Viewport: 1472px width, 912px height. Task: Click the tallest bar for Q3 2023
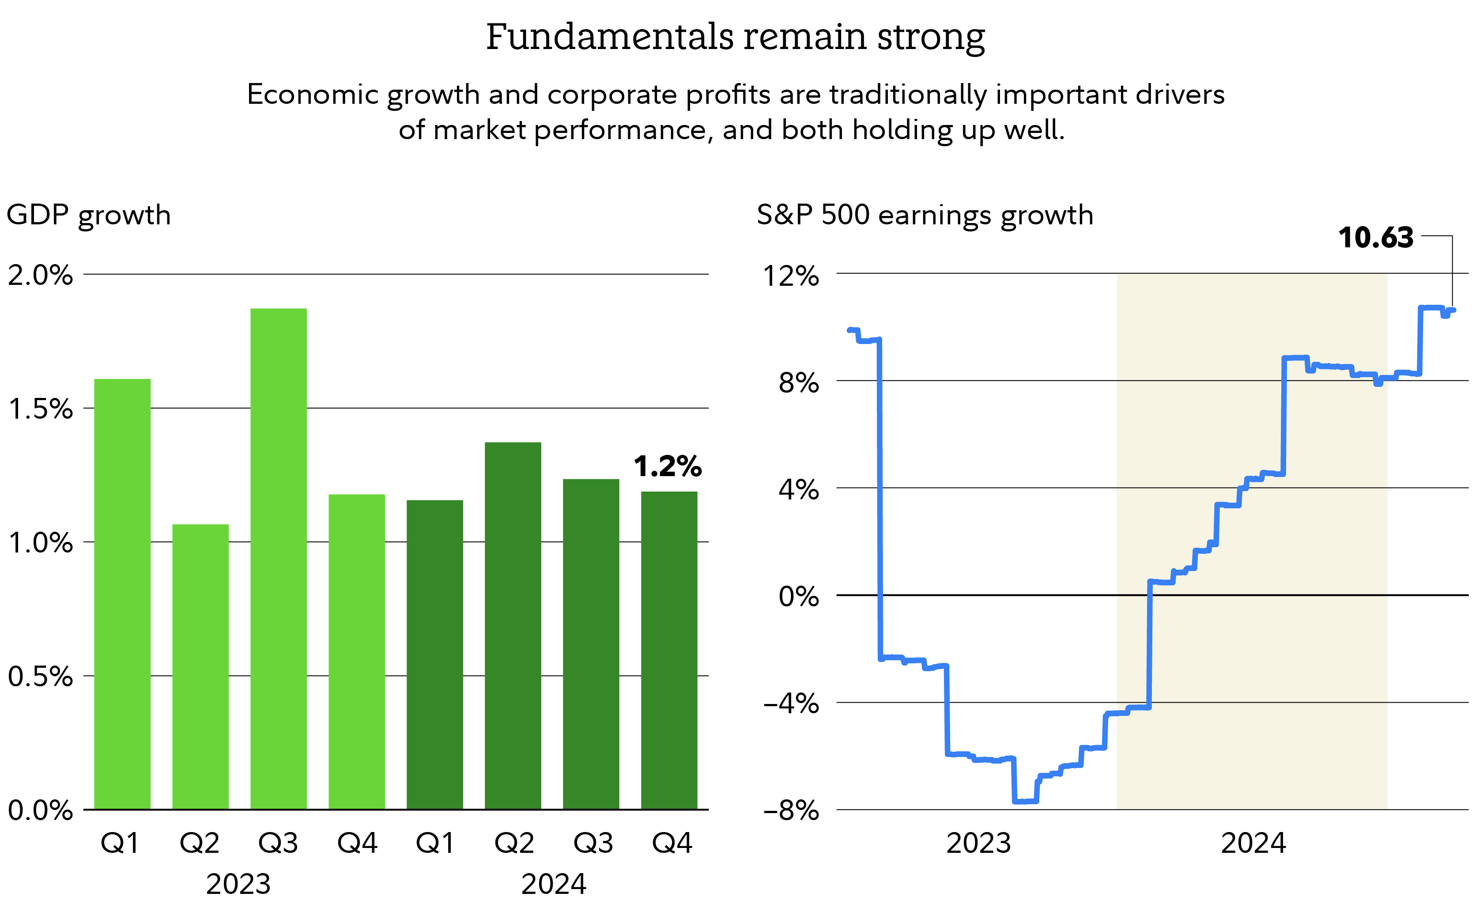tap(278, 558)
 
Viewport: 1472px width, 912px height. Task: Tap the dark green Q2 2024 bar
tap(513, 625)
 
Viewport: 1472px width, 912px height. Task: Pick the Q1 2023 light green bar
tap(122, 594)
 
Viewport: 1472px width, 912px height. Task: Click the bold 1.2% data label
tap(667, 466)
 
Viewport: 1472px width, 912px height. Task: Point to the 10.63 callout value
tap(1375, 238)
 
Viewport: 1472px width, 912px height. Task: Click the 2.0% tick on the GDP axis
tap(40, 275)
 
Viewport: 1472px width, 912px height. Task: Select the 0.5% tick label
tap(40, 676)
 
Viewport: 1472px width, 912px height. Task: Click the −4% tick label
tap(791, 703)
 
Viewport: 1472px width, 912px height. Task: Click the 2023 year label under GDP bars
tap(238, 884)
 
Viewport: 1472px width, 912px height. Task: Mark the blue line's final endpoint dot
tap(1453, 310)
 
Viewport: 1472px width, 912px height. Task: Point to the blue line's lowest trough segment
tap(1025, 801)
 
